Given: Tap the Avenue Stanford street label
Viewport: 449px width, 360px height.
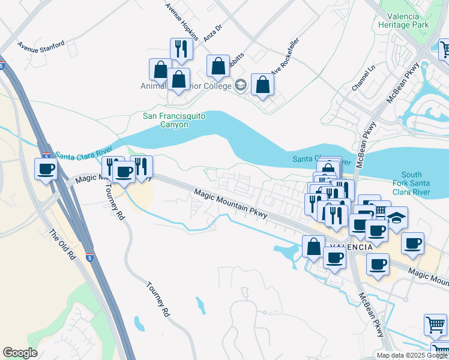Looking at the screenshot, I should point(41,45).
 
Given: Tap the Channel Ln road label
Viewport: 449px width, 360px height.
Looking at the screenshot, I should point(363,79).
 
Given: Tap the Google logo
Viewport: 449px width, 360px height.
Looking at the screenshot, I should point(20,353).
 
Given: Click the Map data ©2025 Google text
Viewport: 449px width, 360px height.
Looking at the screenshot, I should point(411,355).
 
